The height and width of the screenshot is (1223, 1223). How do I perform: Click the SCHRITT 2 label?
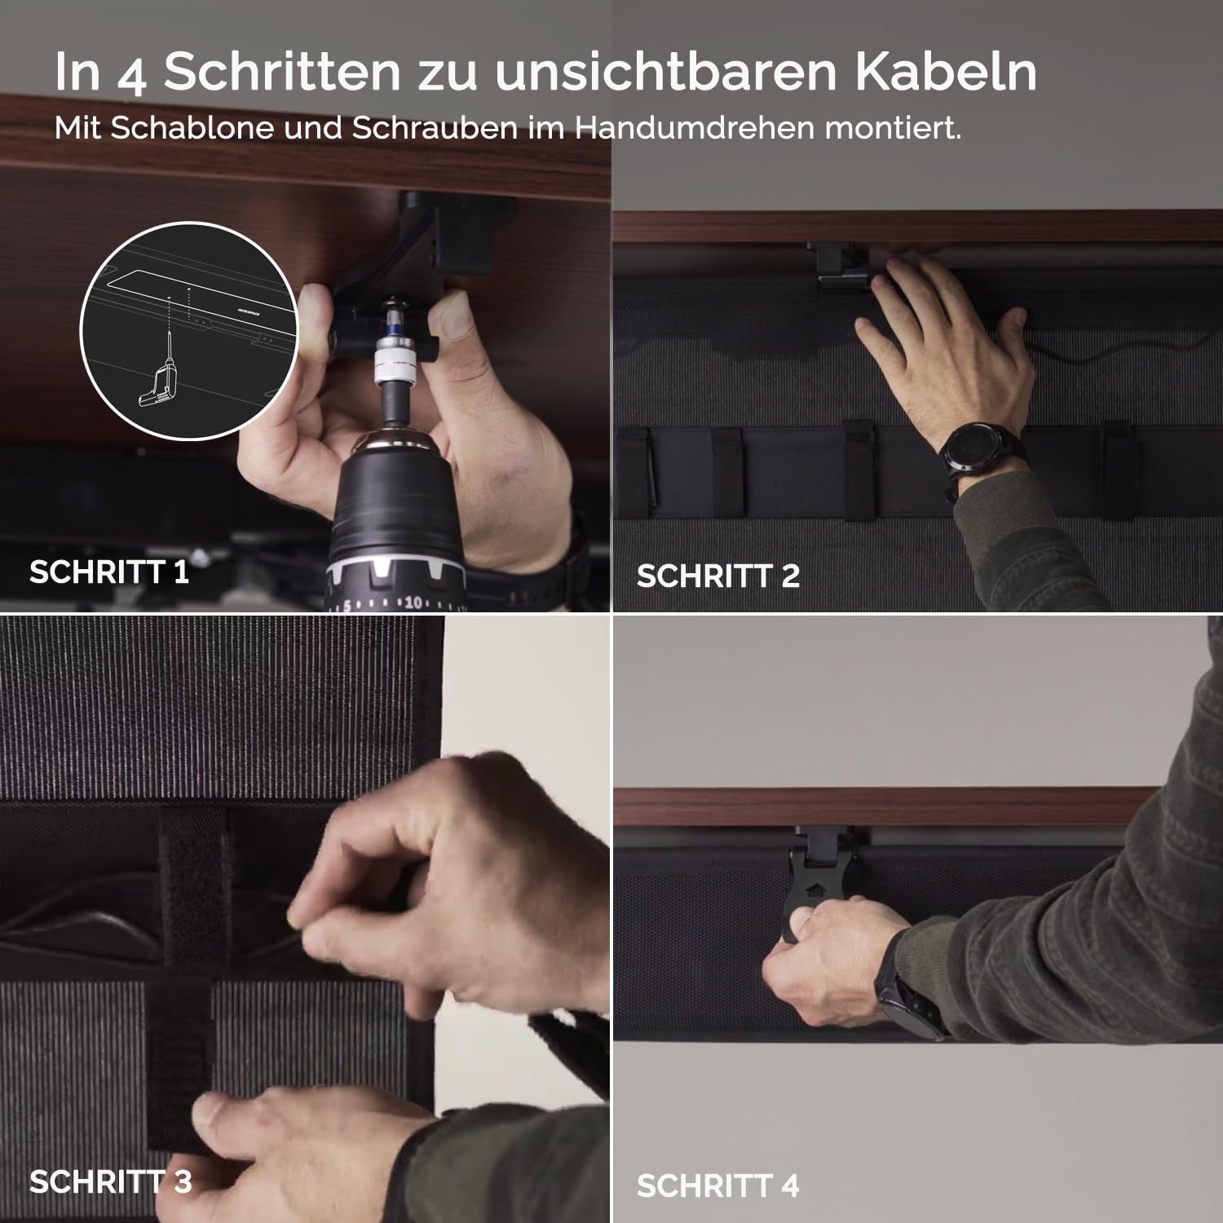click(718, 576)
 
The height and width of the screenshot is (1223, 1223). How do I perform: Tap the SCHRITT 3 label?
click(111, 1181)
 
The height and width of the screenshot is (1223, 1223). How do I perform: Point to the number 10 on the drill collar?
click(413, 603)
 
